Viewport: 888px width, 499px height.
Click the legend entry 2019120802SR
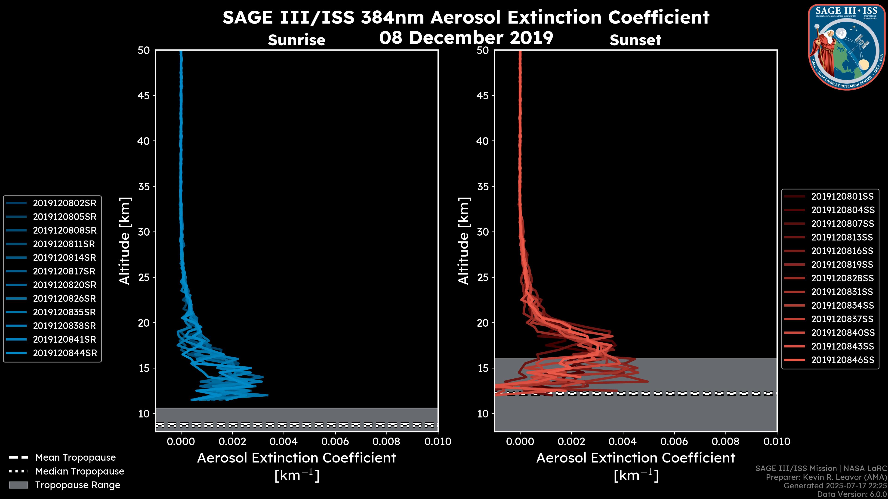point(65,203)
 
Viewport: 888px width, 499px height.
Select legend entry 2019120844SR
point(65,353)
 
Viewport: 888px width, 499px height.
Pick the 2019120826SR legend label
point(65,298)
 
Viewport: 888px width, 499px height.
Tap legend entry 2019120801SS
point(842,196)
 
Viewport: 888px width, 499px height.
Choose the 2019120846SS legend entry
point(842,360)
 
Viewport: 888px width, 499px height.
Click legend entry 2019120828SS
point(842,278)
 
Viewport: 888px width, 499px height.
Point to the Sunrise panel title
point(296,40)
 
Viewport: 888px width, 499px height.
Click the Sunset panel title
point(635,40)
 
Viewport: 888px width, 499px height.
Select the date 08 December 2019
point(466,37)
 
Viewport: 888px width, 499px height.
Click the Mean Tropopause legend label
point(75,457)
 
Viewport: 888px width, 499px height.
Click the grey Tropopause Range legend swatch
point(18,485)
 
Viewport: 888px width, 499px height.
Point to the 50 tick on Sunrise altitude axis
point(144,50)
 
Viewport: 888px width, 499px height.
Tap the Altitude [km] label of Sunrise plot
point(125,241)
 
